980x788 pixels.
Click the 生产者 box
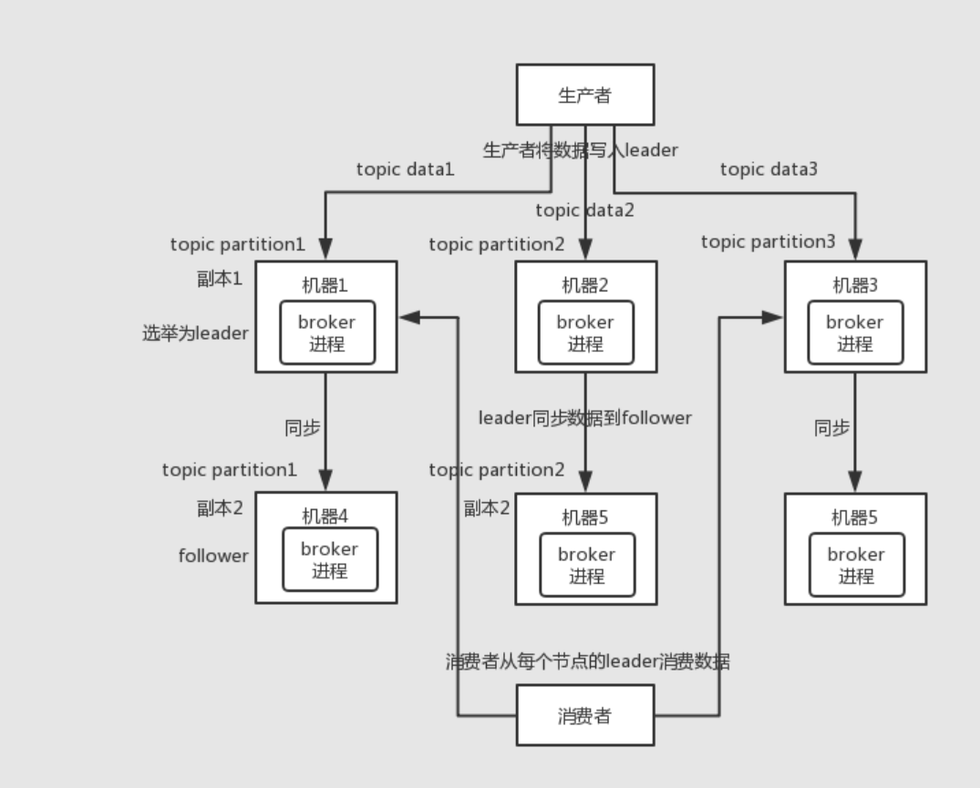[x=584, y=94]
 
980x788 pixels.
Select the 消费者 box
[x=584, y=716]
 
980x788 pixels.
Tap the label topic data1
[x=405, y=169]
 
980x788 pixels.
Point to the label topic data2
[x=584, y=210]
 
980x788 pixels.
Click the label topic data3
[x=769, y=169]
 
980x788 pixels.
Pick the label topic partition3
[x=768, y=241]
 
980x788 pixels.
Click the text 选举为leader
[x=195, y=333]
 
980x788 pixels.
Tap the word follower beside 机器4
[x=213, y=556]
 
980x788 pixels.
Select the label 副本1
[x=220, y=279]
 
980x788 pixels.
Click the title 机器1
[x=325, y=285]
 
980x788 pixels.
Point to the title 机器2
[x=584, y=285]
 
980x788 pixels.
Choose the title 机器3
[x=854, y=285]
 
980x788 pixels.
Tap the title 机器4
[x=325, y=516]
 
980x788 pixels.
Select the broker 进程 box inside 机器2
[x=585, y=333]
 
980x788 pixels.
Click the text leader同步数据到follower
[x=585, y=418]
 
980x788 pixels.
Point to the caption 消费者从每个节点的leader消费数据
[x=587, y=662]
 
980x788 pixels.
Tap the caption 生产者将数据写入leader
[x=580, y=150]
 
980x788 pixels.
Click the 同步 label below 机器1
[x=303, y=427]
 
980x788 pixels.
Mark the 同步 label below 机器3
[x=831, y=427]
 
